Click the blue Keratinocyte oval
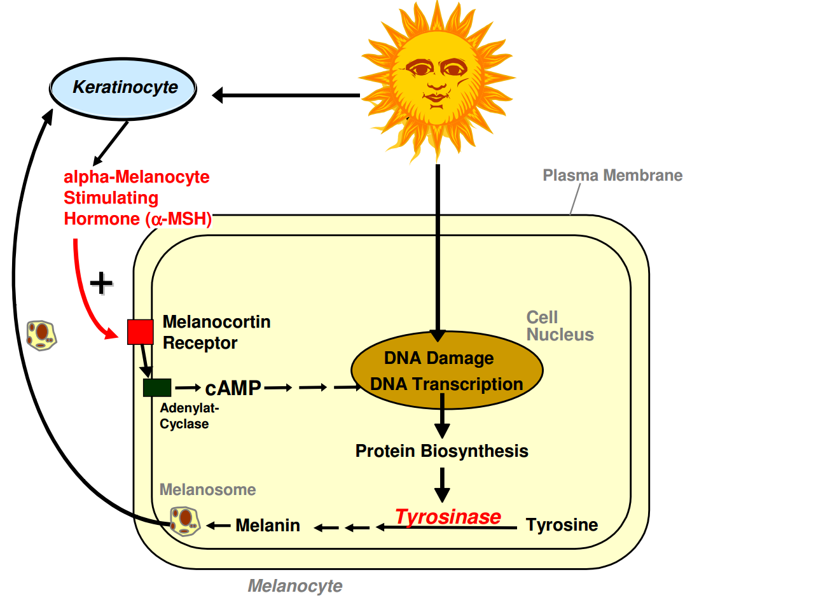pos(124,87)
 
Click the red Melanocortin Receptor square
pos(140,331)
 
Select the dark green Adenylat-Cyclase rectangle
pos(157,387)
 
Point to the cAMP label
pos(233,387)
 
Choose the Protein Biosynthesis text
pos(441,451)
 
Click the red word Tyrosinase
pos(448,517)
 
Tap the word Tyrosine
pos(562,525)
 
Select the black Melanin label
pos(267,526)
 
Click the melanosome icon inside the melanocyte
pos(185,521)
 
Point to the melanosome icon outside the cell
pos(42,335)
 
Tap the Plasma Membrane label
pos(612,175)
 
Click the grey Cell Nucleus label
pos(560,326)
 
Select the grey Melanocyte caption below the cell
pos(294,586)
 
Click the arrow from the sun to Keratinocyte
pos(286,95)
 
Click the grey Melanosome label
pos(207,489)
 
